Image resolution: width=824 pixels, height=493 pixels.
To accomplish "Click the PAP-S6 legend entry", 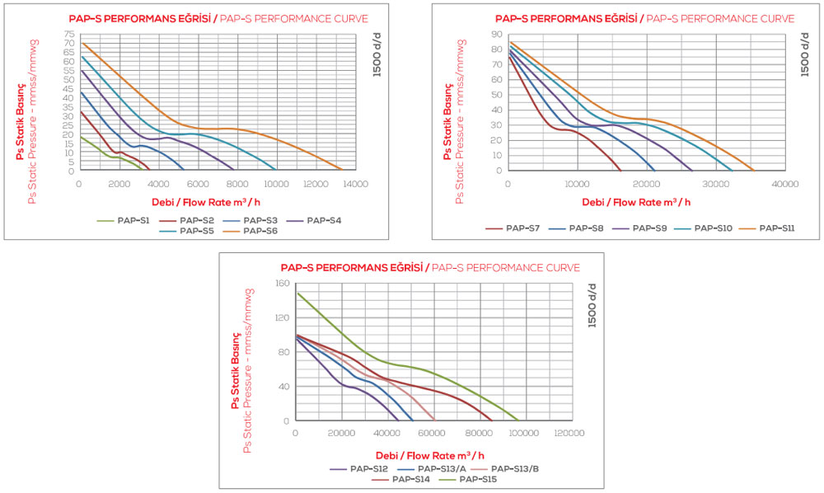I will pyautogui.click(x=255, y=231).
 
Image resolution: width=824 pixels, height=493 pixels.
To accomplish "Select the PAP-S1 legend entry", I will pyautogui.click(x=124, y=220).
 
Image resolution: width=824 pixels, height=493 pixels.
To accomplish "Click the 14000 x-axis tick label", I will pyautogui.click(x=356, y=184).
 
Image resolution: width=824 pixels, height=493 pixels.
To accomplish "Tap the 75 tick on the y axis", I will pyautogui.click(x=69, y=35).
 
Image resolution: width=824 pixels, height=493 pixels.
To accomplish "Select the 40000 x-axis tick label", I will pyautogui.click(x=784, y=184).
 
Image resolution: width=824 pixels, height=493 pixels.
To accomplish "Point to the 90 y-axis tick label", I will pyautogui.click(x=497, y=35).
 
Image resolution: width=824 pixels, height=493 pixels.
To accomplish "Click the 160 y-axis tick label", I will pyautogui.click(x=282, y=284).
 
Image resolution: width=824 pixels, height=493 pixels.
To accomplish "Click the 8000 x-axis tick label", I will pyautogui.click(x=237, y=184).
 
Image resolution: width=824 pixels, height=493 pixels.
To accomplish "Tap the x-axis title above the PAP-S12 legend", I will pyautogui.click(x=430, y=454).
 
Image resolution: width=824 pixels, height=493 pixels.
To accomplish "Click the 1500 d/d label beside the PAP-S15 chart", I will pyautogui.click(x=592, y=303).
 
